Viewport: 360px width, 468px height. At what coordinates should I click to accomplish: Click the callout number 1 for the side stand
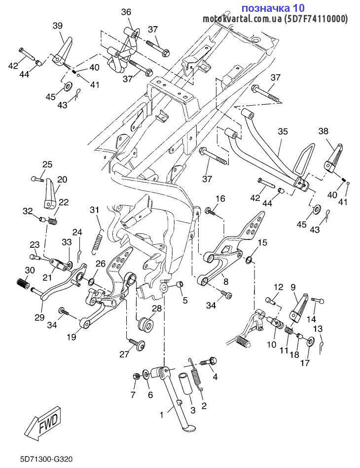(x=162, y=415)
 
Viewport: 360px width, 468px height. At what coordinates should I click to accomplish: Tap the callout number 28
(x=157, y=309)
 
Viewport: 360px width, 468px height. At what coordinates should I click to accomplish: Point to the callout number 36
(x=126, y=12)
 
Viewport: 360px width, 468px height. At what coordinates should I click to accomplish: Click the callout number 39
(x=58, y=26)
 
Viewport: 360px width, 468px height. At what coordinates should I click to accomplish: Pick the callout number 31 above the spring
(x=95, y=210)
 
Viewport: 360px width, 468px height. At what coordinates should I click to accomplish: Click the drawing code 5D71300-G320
(x=46, y=459)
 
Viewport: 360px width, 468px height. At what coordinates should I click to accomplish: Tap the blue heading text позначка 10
(x=273, y=7)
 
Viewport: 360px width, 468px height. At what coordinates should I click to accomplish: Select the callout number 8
(x=226, y=281)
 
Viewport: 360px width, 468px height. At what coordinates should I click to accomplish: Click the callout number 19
(x=72, y=337)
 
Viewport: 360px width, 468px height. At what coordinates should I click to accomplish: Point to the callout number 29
(x=39, y=317)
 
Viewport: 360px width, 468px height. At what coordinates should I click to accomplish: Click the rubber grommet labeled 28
(x=145, y=323)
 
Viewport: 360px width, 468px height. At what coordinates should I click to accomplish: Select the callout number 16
(x=220, y=199)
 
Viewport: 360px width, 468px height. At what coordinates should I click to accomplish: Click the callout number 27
(x=124, y=354)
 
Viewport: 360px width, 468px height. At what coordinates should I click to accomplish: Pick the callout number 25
(x=47, y=164)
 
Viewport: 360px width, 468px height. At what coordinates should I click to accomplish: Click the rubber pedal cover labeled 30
(x=23, y=282)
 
